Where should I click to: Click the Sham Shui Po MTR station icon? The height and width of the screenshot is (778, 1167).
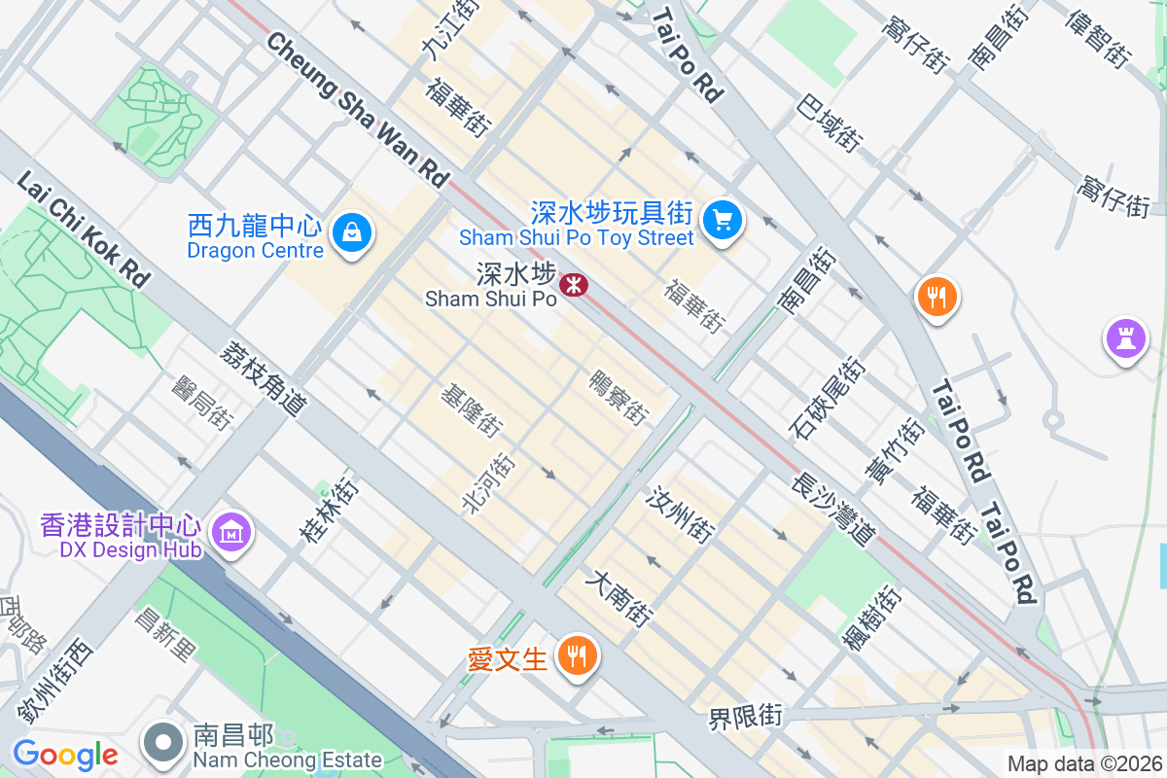pos(573,285)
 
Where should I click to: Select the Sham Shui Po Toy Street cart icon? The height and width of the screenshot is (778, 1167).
pos(722,219)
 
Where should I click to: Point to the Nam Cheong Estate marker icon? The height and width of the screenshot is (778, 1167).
pos(163,744)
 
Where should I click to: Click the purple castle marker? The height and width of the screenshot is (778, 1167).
pos(1125,339)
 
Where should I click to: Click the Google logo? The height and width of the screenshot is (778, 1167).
pos(65,755)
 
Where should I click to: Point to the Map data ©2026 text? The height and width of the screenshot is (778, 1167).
pos(1083,763)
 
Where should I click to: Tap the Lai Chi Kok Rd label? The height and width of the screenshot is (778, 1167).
pos(84,230)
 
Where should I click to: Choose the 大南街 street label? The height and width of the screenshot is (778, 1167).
pos(618,596)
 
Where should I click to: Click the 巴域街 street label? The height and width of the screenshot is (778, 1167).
pos(829,123)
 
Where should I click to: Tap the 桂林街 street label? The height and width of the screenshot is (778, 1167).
pos(326,509)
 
